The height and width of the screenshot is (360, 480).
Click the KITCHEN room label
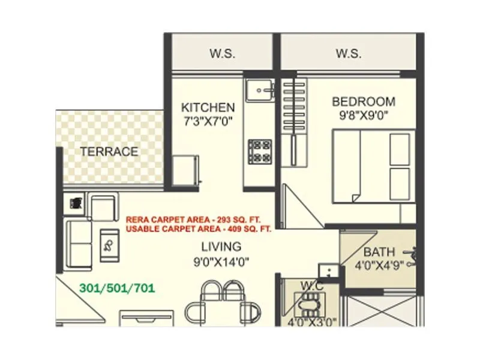point(208,107)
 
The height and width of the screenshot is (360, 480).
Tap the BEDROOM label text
point(364,101)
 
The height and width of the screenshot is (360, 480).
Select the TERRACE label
point(109,151)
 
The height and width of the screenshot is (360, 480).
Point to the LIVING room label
point(221,246)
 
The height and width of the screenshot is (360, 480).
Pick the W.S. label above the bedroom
point(349,53)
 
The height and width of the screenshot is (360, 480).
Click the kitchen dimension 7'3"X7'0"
point(208,121)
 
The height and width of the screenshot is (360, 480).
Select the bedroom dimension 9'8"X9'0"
point(364,115)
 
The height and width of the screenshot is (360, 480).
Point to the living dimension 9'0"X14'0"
point(221,261)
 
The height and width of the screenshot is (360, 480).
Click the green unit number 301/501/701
point(117,288)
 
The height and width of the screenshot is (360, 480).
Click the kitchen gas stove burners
point(260,151)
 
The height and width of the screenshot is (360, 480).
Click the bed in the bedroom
point(372,166)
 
